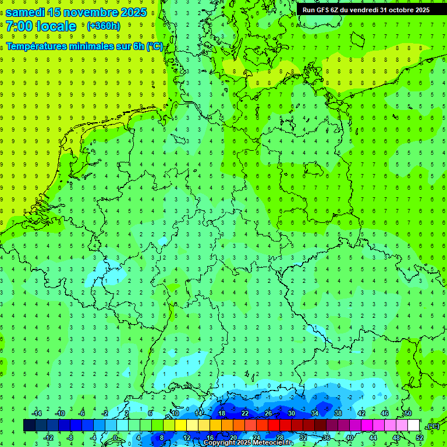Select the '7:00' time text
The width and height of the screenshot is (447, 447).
[19, 26]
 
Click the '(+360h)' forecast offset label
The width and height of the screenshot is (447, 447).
[103, 26]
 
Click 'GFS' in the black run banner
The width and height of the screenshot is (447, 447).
[327, 10]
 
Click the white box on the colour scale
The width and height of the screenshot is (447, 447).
[413, 425]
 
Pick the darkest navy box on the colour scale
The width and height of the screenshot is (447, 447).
[29, 425]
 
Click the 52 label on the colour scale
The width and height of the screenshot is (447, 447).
[420, 438]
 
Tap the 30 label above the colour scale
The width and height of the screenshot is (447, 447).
[292, 413]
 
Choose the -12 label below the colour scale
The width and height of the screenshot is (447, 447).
[48, 438]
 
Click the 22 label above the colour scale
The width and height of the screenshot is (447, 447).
[245, 413]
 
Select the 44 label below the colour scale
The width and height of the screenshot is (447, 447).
[373, 438]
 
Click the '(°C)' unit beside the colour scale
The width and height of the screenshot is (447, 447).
[432, 426]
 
